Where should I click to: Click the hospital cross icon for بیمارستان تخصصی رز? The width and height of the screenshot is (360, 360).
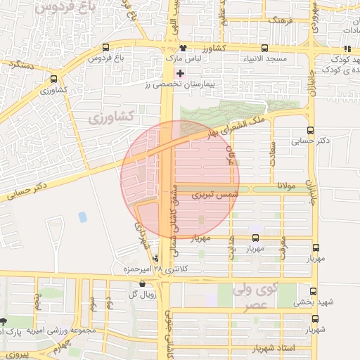point(181,73)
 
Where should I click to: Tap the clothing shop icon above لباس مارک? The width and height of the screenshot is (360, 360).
point(183,48)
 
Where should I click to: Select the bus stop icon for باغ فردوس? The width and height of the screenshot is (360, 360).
point(105,48)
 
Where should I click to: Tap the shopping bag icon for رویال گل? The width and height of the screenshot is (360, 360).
point(143,285)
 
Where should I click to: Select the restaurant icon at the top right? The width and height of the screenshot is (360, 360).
point(346,48)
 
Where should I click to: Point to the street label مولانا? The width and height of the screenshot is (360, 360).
point(289,186)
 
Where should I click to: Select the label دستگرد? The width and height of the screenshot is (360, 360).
point(17,63)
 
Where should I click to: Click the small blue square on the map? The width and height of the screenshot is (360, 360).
point(83,217)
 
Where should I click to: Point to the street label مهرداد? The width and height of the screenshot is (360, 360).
point(140,236)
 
